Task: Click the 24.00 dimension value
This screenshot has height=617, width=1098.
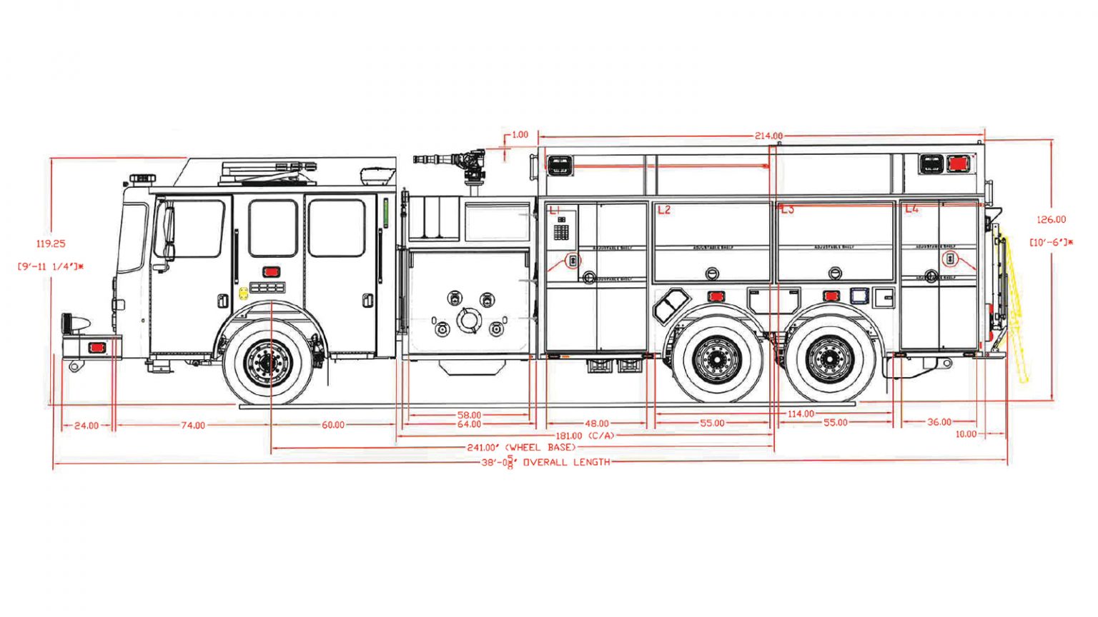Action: (x=86, y=426)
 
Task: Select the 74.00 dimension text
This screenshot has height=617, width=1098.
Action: (x=193, y=426)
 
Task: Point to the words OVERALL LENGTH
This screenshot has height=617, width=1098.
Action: (x=566, y=463)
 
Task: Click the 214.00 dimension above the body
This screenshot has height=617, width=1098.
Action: (x=768, y=136)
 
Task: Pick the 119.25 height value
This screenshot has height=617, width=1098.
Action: (x=51, y=244)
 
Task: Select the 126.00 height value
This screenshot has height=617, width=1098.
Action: (x=1051, y=220)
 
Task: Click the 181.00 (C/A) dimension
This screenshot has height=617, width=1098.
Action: (x=584, y=436)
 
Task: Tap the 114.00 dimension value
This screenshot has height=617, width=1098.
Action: (x=801, y=414)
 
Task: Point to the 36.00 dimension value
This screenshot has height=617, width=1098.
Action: (x=939, y=423)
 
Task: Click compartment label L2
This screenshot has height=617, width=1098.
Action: (x=664, y=210)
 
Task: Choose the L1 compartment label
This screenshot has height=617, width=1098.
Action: (x=555, y=210)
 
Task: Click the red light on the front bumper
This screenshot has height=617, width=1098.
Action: (x=96, y=348)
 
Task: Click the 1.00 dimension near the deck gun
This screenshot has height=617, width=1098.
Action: (x=520, y=134)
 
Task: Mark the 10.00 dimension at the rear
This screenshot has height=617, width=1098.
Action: (x=966, y=434)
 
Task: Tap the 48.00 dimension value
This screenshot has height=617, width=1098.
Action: (x=597, y=423)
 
